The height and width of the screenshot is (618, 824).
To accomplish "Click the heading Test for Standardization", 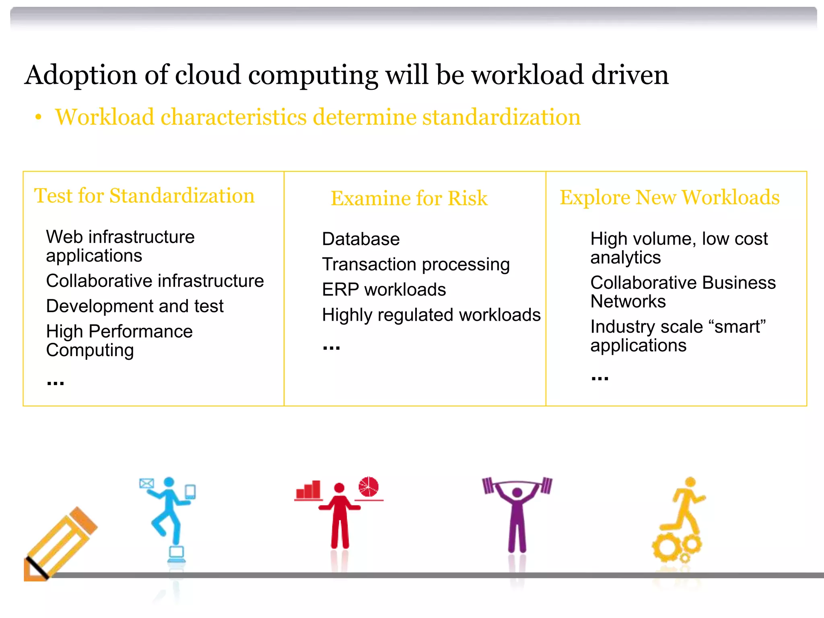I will [x=144, y=196].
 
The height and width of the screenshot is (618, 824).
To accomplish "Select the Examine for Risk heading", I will [x=409, y=198].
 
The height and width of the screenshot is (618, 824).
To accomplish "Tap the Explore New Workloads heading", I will [x=669, y=197].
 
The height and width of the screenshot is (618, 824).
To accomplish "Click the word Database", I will [x=361, y=239].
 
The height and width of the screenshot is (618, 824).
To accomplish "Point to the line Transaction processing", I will [x=416, y=264].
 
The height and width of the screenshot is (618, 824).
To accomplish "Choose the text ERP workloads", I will [x=384, y=290].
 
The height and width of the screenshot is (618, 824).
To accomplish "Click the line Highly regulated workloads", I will [x=431, y=315].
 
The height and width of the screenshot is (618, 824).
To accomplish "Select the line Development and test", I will [x=135, y=306].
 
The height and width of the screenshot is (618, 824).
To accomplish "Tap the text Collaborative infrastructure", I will [x=155, y=281].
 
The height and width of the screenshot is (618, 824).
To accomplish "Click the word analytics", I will [x=625, y=257].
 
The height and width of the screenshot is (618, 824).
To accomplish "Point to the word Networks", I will [x=628, y=301].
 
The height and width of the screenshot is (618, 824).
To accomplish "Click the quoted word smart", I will [x=740, y=327].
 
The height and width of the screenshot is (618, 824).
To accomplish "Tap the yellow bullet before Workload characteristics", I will [x=38, y=117].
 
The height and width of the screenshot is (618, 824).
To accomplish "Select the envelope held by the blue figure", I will [x=146, y=483].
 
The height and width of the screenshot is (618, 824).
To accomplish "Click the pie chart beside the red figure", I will [x=369, y=487].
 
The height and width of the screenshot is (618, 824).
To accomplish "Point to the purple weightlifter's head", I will [x=517, y=492].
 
